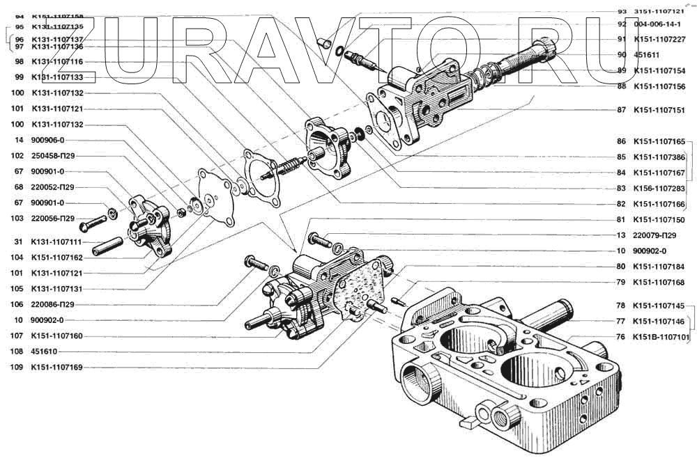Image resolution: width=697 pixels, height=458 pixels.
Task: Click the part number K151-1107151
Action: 659,110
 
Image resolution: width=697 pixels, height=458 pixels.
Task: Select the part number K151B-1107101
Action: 661,338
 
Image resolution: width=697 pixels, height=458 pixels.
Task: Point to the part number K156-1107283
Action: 659,189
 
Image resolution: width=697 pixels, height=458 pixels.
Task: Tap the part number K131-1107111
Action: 56,242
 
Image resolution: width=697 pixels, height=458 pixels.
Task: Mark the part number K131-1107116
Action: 58,61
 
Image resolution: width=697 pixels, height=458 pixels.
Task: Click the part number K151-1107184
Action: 659,267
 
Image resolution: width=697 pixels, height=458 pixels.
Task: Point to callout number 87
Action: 621,110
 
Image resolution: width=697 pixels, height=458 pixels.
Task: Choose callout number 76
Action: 621,338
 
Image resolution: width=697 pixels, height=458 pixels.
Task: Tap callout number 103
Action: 17,219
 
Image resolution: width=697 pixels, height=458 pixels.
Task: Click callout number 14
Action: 17,141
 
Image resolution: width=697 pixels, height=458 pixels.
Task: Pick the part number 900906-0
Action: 47,141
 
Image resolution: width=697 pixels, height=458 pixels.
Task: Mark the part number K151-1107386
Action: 659,157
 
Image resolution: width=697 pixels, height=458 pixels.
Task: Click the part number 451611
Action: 647,55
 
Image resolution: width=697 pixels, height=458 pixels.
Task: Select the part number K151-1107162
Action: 56,257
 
